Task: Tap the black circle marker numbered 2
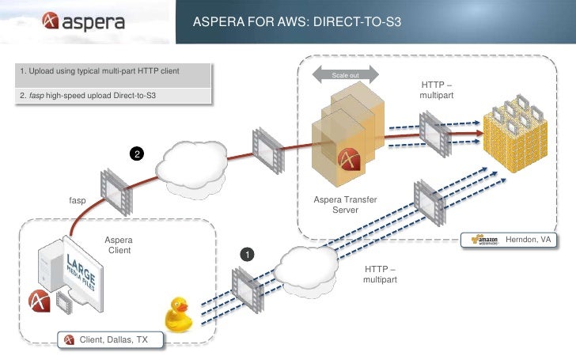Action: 137,153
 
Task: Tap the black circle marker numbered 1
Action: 247,256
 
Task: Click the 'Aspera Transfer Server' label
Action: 346,205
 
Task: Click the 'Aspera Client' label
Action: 119,245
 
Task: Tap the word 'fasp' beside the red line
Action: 77,200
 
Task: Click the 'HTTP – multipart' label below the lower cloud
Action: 381,275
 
